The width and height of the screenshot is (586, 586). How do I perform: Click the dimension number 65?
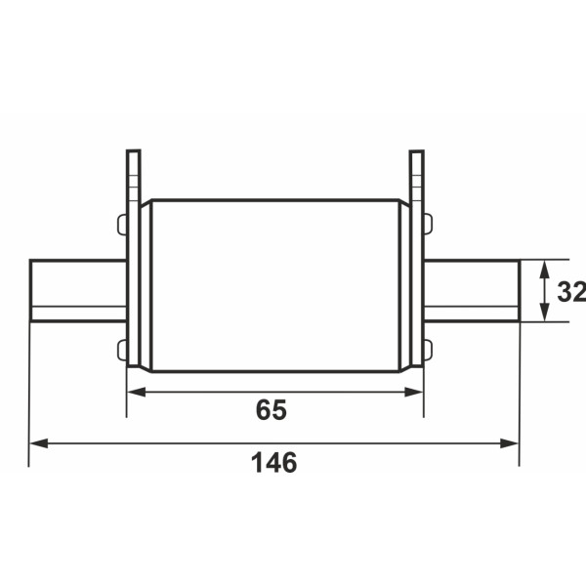[272, 409]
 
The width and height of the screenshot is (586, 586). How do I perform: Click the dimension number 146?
[273, 463]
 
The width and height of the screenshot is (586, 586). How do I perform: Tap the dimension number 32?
[571, 291]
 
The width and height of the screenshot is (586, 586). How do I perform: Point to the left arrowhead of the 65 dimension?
[137, 392]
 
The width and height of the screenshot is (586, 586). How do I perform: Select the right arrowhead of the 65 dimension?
[414, 392]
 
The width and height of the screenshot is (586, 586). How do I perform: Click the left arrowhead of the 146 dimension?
[38, 443]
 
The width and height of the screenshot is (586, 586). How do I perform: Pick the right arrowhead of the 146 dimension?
[510, 443]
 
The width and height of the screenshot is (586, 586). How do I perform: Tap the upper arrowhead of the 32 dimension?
[545, 270]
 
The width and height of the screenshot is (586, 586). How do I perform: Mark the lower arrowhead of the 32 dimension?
[545, 313]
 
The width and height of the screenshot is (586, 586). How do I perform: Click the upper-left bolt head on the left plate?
[122, 225]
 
